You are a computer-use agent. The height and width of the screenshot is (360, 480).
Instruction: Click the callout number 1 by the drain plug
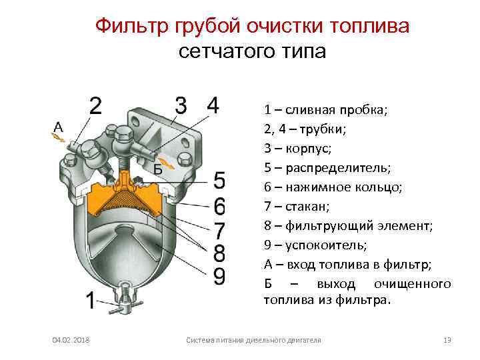coord(89,300)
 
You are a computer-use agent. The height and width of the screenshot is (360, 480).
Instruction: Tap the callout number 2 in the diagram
coord(96,106)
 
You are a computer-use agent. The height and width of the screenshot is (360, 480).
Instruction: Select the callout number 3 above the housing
coord(181,105)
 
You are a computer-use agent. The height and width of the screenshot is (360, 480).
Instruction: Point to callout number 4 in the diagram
coord(213,105)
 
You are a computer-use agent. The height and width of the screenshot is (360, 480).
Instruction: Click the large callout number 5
coord(220,181)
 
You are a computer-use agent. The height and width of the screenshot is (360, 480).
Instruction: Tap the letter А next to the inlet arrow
coord(59,126)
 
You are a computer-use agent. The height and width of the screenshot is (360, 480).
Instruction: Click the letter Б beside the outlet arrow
coord(157,169)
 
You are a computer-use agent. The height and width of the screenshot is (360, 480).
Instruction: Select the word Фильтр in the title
coord(131,26)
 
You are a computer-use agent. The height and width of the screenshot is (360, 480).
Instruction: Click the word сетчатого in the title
coord(222,51)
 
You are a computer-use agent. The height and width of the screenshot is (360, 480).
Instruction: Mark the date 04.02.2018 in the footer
coord(72,341)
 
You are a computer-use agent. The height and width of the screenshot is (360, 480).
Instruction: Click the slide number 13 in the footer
coord(447,341)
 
